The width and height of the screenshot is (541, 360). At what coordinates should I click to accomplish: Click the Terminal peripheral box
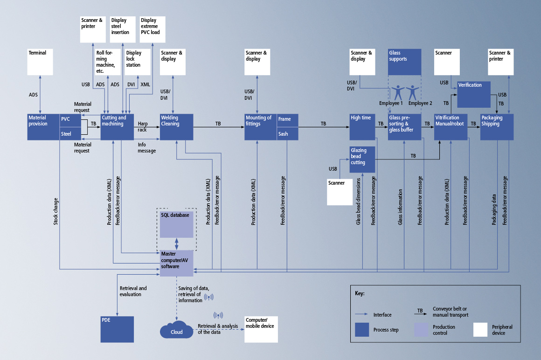40,62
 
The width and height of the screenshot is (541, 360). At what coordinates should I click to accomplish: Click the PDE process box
117,329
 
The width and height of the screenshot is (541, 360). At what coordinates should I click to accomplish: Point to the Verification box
473,95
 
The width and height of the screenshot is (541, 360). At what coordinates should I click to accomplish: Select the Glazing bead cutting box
362,159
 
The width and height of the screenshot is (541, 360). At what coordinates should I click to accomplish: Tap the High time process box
362,126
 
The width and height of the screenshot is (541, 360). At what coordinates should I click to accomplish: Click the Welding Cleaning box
176,126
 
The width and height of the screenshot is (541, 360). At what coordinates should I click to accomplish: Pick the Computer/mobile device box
260,329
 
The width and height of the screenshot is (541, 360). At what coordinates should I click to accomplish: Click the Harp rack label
143,126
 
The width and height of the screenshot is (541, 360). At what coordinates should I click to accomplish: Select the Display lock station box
138,62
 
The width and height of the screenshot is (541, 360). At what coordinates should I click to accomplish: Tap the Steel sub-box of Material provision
70,134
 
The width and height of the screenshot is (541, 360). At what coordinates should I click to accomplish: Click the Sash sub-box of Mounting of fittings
287,134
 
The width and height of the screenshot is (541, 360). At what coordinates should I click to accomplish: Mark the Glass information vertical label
400,207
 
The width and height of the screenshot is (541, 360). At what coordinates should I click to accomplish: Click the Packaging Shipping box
497,126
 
